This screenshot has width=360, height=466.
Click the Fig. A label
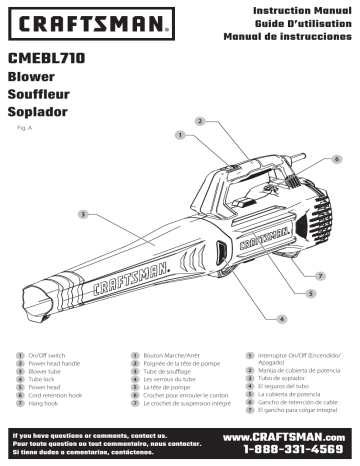tap(26, 128)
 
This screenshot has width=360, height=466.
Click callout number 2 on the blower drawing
tap(201, 121)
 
